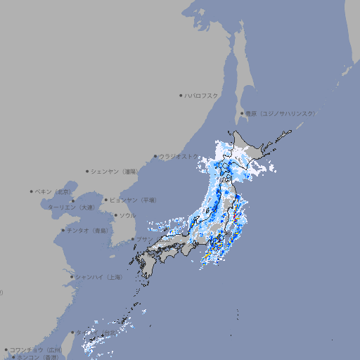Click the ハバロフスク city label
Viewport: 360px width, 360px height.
(202, 95)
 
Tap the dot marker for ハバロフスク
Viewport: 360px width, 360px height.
(181, 95)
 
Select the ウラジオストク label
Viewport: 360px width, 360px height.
(179, 156)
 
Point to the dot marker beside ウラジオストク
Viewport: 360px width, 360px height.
(155, 156)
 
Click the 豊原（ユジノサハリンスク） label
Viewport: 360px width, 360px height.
(280, 113)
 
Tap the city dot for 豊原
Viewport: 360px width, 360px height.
(242, 113)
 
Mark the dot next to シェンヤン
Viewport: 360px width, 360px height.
(88, 171)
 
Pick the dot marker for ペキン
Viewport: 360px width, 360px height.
(32, 191)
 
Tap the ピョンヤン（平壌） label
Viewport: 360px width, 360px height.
(133, 200)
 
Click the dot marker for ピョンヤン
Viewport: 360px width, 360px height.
(106, 200)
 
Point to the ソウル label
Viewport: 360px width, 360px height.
(127, 215)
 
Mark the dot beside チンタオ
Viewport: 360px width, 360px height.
(63, 230)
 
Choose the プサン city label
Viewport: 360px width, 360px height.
(143, 239)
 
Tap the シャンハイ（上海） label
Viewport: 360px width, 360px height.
(98, 277)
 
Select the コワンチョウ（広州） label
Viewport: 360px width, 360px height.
(35, 349)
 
